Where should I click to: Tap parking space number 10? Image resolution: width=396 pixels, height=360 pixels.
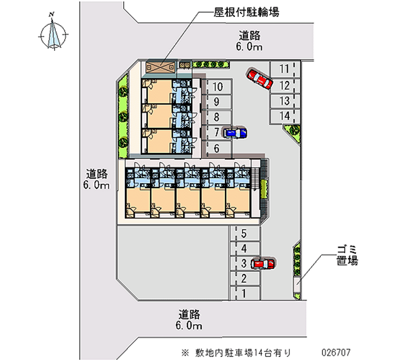(217, 87)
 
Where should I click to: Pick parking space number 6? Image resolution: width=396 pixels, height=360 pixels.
(217, 148)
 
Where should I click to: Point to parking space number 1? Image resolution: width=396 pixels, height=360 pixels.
(244, 294)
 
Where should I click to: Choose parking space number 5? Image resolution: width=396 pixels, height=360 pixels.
(244, 233)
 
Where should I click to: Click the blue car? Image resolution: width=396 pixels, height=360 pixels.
(235, 133)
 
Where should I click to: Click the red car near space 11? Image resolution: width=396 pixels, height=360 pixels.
(260, 78)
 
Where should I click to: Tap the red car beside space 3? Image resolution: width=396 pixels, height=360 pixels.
(263, 263)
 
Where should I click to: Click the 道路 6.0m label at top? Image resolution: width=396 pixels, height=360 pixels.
(250, 41)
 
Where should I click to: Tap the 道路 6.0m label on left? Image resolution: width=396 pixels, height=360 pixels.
(98, 179)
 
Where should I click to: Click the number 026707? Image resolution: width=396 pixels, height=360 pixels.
(336, 352)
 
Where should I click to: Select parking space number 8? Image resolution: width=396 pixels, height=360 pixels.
(217, 117)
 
